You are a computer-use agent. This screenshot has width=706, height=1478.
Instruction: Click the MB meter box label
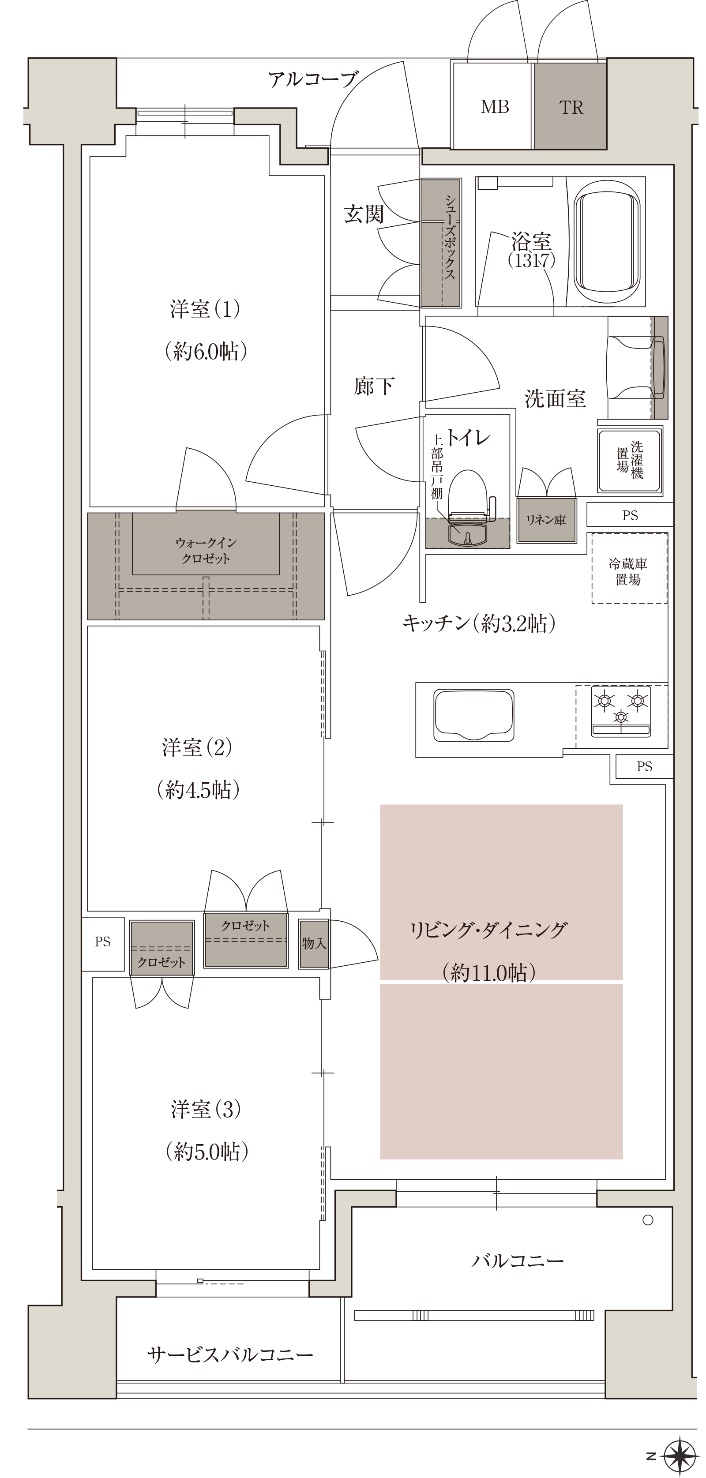coord(495,107)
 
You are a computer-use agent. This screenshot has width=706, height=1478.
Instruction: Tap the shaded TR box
coord(571,106)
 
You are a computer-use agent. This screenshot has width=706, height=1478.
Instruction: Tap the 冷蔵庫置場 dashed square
coord(629,568)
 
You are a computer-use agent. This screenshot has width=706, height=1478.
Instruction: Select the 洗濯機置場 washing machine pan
coord(630,459)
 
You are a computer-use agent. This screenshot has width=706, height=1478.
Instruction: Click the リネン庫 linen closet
coord(546,520)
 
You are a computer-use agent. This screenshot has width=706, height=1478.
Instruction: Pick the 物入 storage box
coord(314,943)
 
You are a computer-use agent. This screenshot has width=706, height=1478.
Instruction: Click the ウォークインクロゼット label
coord(206,550)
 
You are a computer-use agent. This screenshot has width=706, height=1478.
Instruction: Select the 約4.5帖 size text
coord(198,790)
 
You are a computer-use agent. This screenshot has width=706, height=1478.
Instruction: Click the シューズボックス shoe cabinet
coord(441,243)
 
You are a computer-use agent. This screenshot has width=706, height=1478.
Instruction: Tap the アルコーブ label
coord(313,79)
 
